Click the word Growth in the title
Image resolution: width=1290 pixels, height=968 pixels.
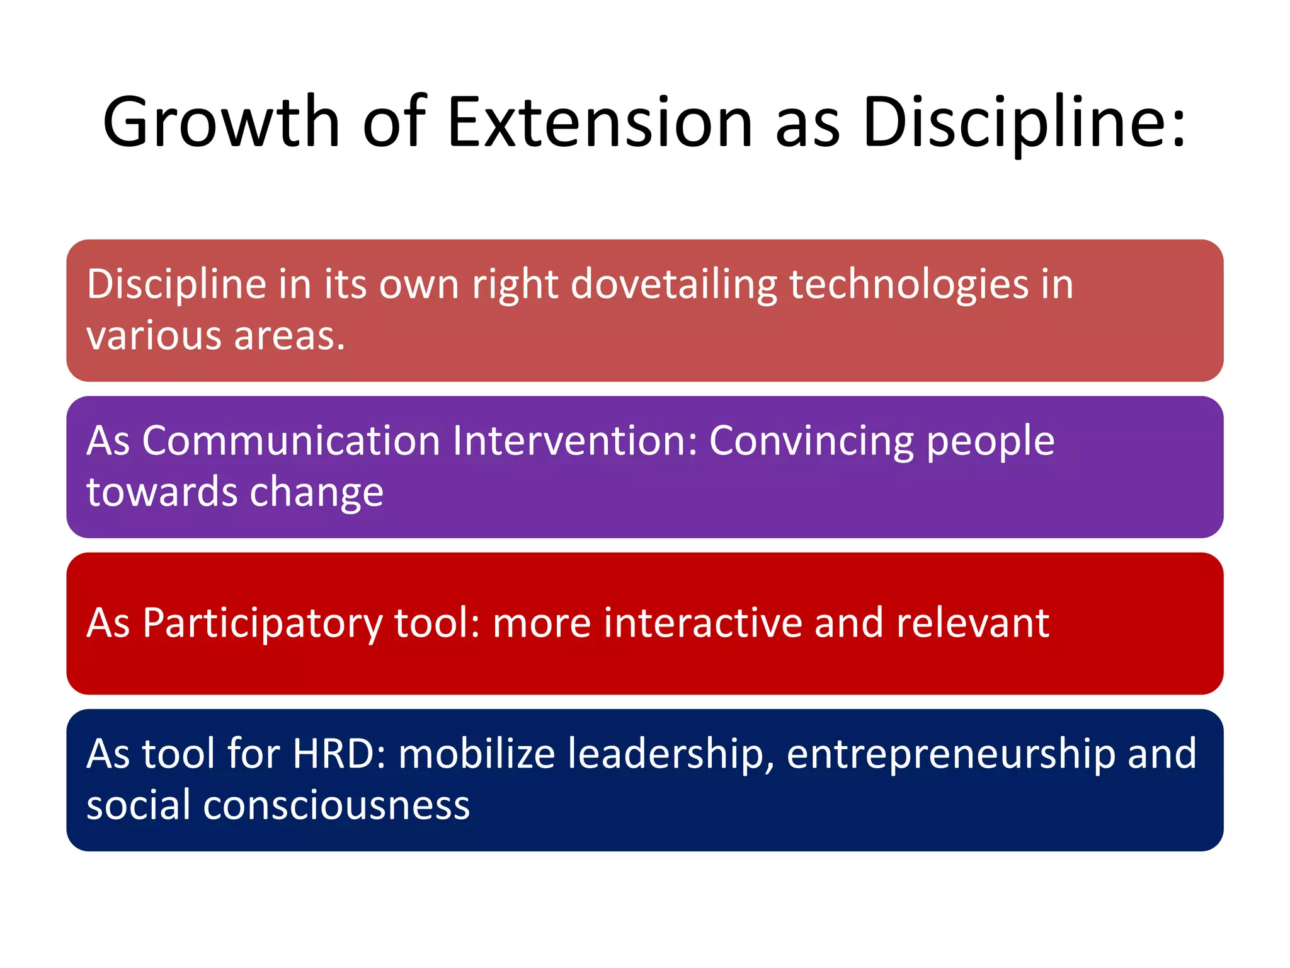pyautogui.click(x=222, y=123)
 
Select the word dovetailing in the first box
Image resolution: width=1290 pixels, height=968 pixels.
pyautogui.click(x=673, y=285)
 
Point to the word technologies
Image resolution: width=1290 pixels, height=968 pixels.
pyautogui.click(x=909, y=285)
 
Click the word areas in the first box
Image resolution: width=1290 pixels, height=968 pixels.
pyautogui.click(x=289, y=337)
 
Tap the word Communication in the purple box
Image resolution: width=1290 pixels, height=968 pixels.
pyautogui.click(x=291, y=441)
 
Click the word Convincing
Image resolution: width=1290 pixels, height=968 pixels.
pyautogui.click(x=811, y=442)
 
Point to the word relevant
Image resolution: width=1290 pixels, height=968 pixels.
pyautogui.click(x=973, y=623)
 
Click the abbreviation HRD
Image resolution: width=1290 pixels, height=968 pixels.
pyautogui.click(x=339, y=754)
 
